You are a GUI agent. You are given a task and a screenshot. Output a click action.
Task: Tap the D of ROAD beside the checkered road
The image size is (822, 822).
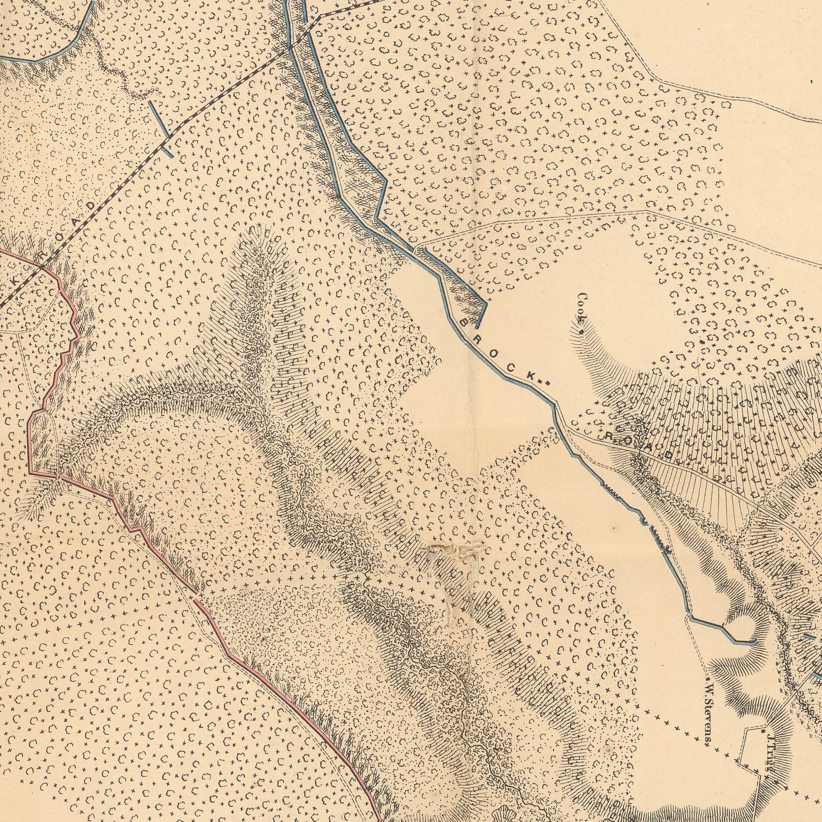[x=90, y=205]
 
